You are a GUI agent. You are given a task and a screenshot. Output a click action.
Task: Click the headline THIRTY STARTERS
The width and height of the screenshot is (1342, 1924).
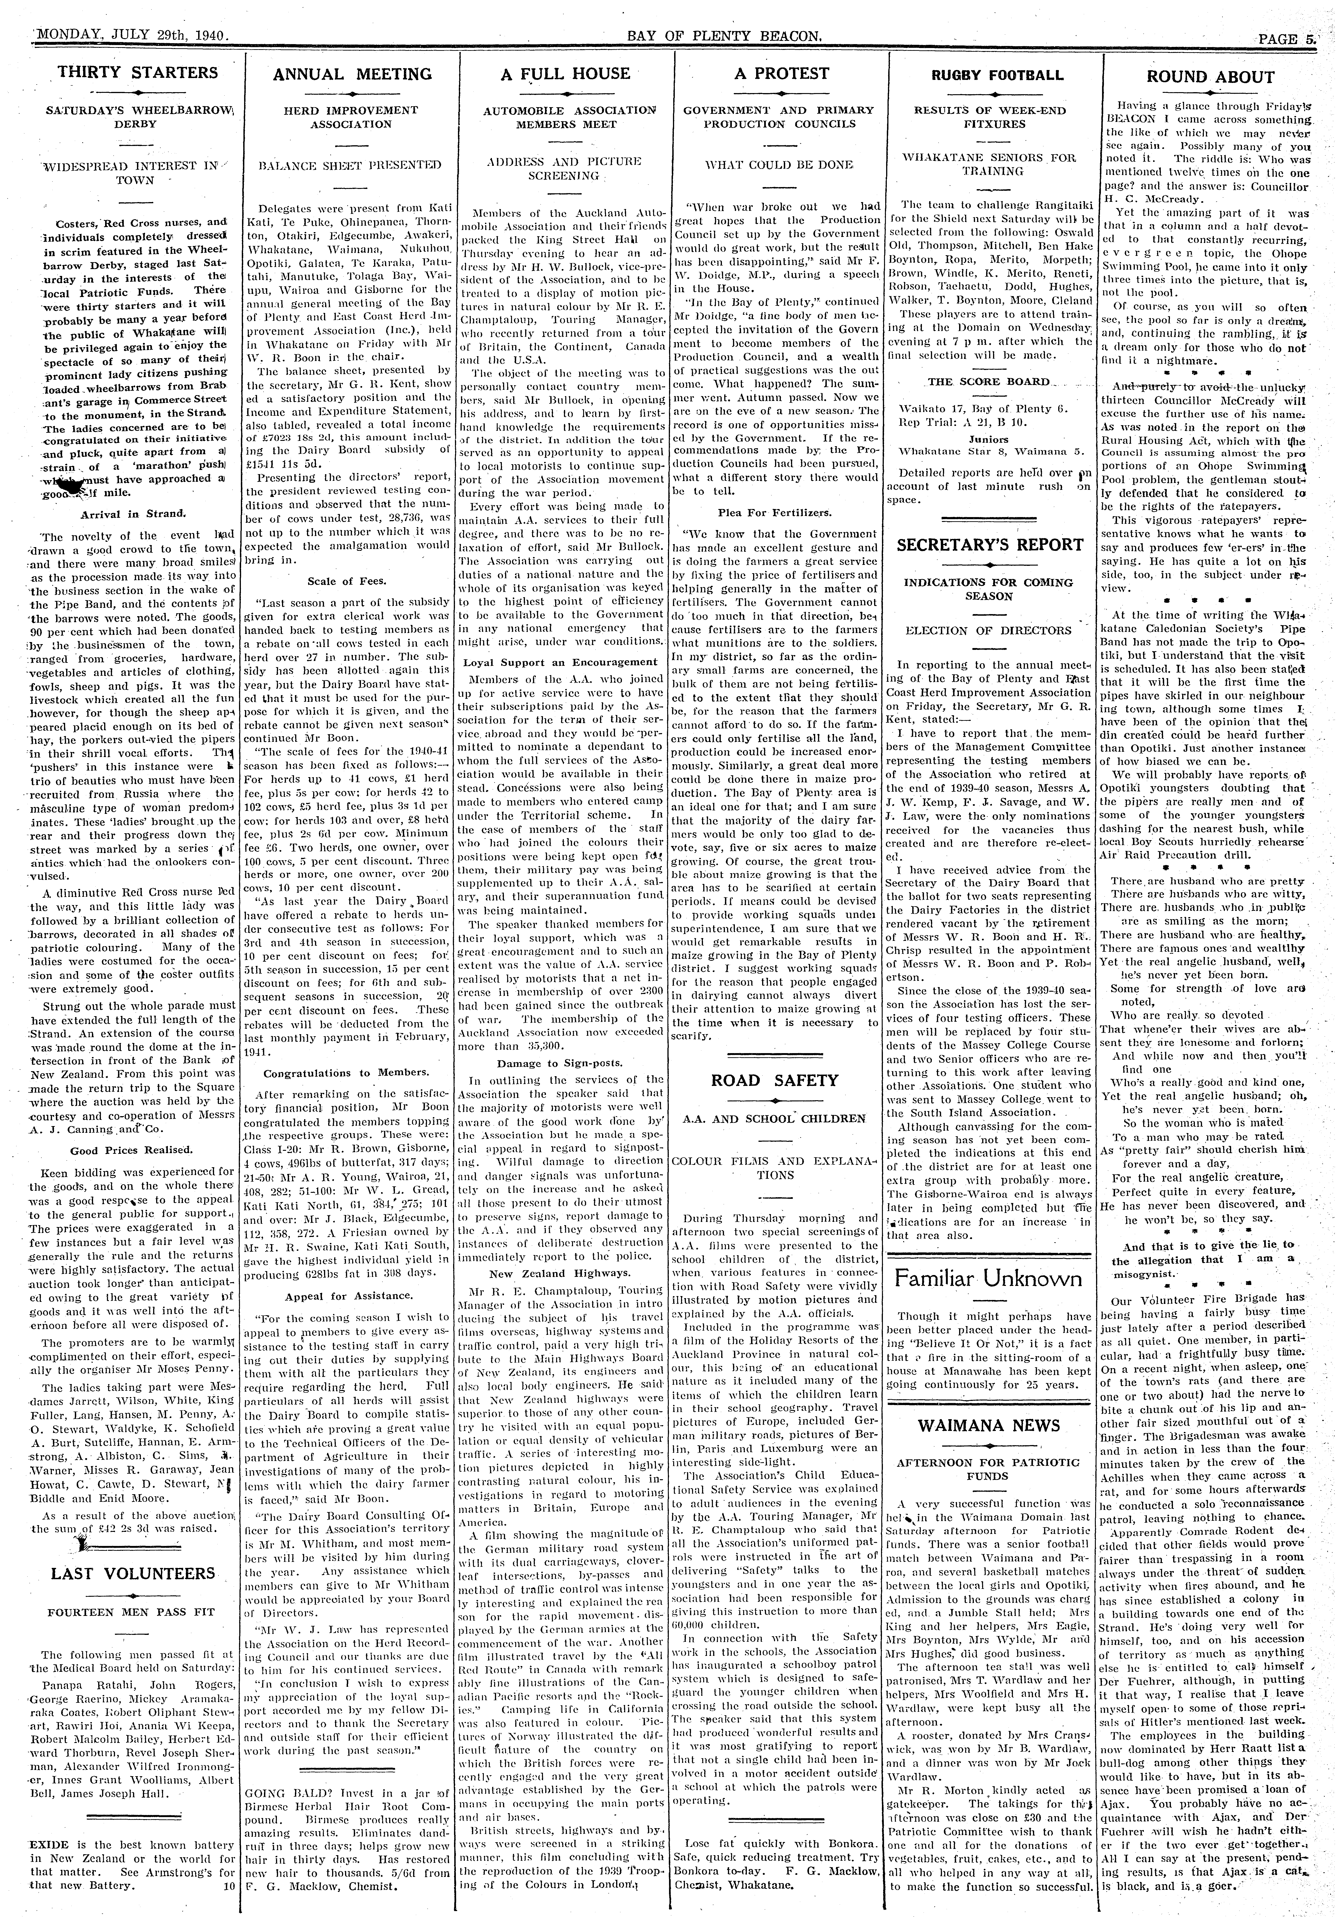[138, 73]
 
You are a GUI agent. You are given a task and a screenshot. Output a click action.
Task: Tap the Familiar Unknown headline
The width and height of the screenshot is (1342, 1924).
[989, 1279]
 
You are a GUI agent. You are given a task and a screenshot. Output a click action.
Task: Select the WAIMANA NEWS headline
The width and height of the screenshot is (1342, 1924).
[989, 1425]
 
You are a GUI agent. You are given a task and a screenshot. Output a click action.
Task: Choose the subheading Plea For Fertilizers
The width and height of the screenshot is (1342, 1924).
[775, 512]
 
